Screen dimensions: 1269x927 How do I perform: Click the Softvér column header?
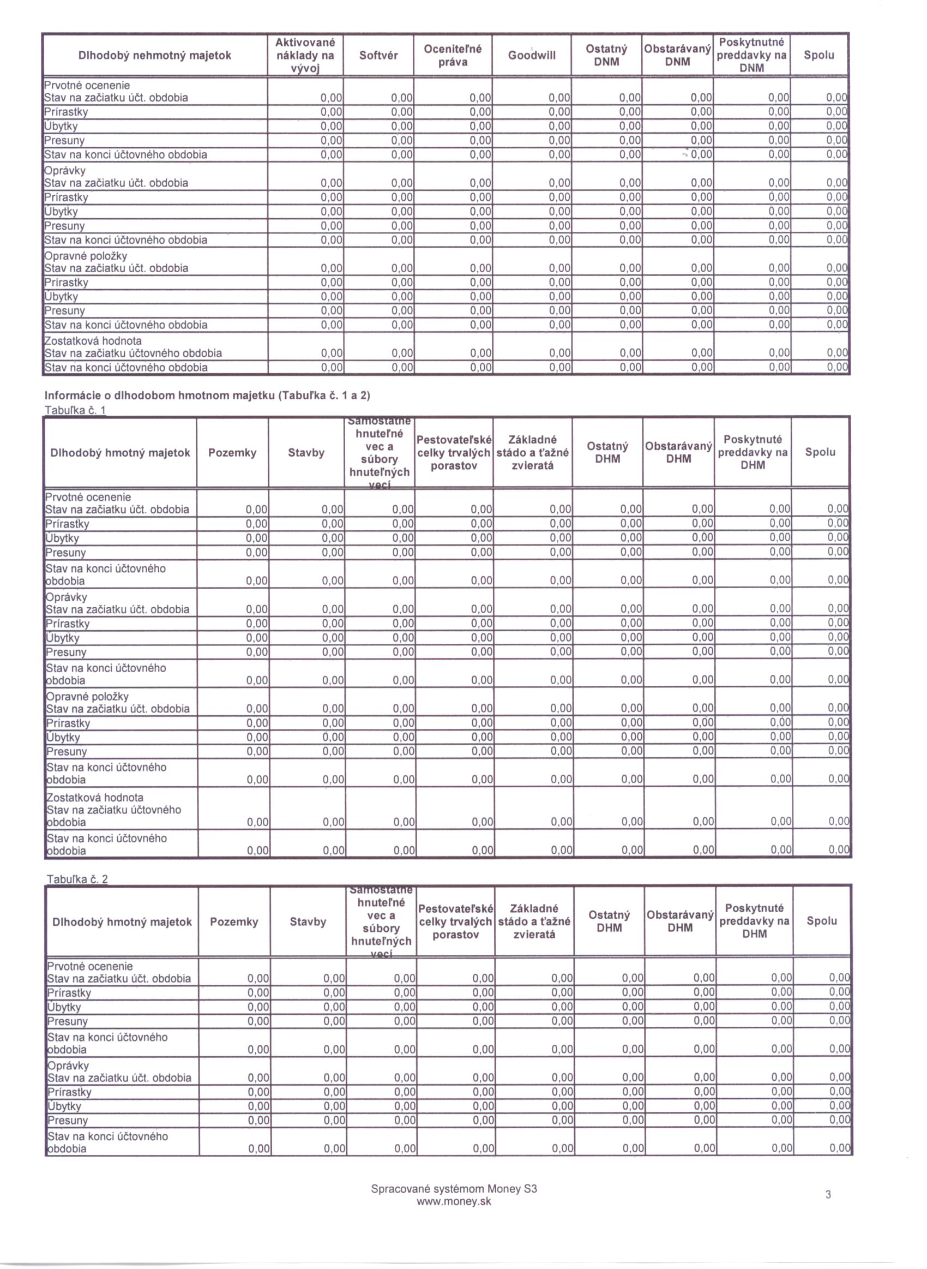378,55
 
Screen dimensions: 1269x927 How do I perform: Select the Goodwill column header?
532,55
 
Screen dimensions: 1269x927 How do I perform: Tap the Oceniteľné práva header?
453,55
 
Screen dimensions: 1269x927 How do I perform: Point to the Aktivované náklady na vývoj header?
305,55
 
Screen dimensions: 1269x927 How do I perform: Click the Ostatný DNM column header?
606,55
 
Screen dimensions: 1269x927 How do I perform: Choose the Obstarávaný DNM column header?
677,55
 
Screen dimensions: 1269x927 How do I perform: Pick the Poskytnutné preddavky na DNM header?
751,55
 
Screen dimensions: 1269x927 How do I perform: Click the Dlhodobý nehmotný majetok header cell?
154,55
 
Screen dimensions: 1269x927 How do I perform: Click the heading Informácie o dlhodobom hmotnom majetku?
207,395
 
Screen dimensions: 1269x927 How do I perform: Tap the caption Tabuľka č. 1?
75,410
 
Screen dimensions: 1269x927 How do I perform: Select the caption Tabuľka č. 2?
77,879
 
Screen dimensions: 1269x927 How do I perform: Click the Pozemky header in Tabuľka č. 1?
232,453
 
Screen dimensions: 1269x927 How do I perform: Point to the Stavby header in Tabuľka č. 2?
308,921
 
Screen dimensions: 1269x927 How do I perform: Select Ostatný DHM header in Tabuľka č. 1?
607,452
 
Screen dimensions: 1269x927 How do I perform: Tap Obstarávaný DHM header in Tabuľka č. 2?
680,921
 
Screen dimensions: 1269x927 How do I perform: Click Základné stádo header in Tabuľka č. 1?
533,452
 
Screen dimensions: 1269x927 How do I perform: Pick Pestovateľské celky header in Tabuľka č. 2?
456,921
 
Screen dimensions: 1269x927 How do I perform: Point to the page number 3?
828,1194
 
